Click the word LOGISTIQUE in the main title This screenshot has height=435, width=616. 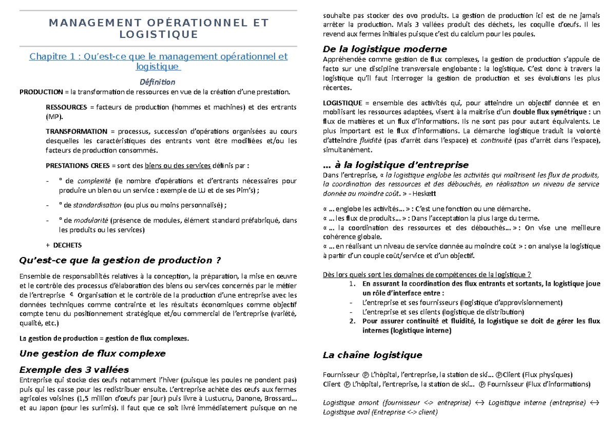pyautogui.click(x=158, y=34)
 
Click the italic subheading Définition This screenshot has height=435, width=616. pyautogui.click(x=158, y=82)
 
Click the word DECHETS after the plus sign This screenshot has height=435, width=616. pyautogui.click(x=67, y=245)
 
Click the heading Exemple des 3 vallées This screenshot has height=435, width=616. pyautogui.click(x=73, y=370)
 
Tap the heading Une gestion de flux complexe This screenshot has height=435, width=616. pyautogui.click(x=92, y=353)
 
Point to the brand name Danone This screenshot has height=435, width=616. pyautogui.click(x=249, y=399)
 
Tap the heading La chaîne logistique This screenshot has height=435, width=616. pyautogui.click(x=372, y=355)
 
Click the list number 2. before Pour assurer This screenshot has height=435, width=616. pyautogui.click(x=352, y=322)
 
